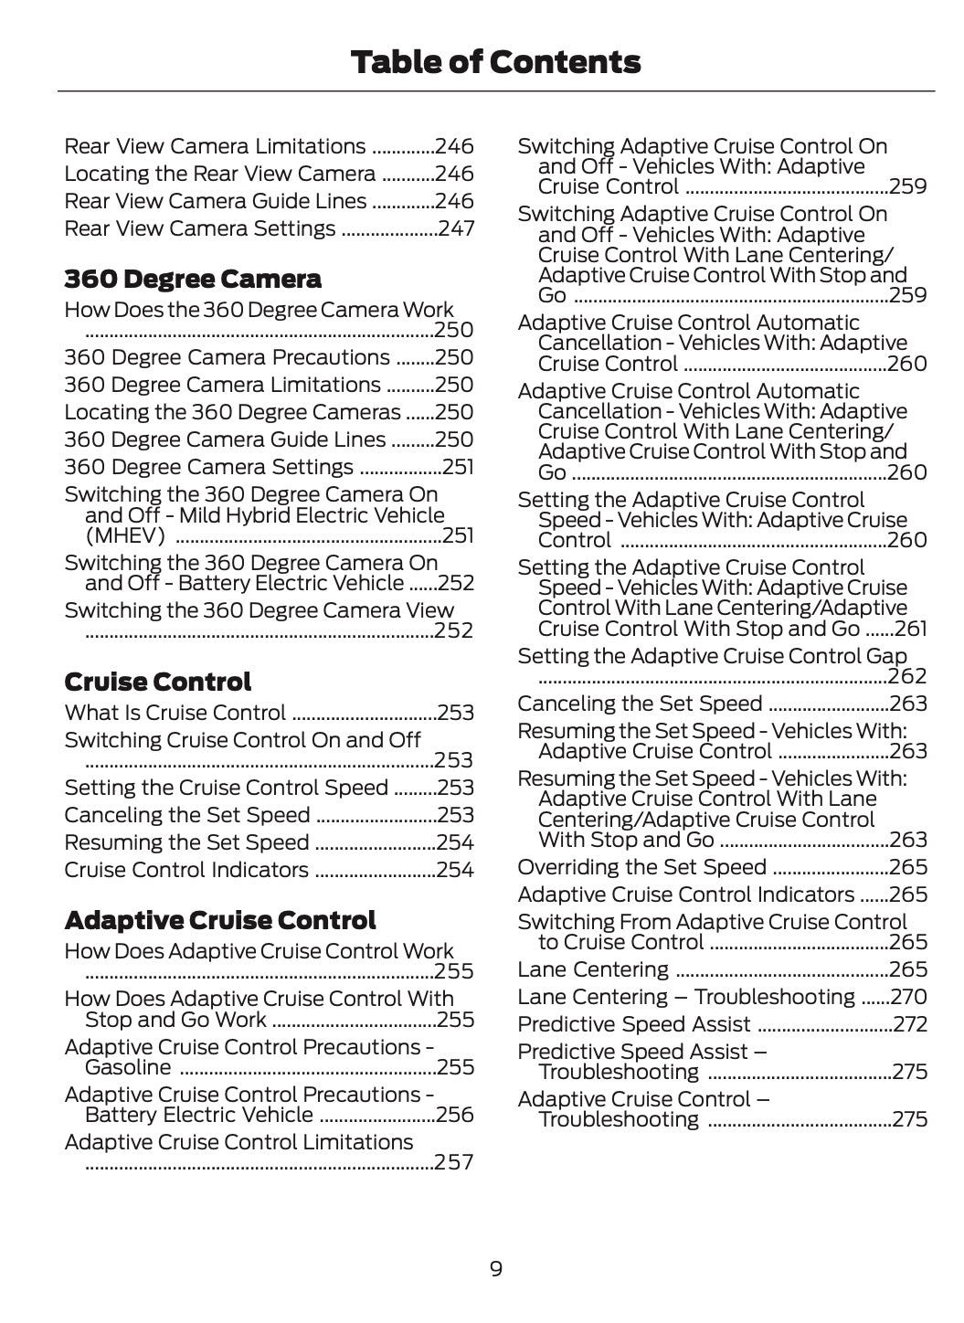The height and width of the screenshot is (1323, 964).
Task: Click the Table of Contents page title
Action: click(495, 62)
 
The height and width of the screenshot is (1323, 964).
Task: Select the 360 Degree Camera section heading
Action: click(193, 279)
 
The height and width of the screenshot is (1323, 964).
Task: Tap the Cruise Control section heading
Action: click(157, 682)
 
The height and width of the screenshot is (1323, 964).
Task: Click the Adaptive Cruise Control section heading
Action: click(220, 920)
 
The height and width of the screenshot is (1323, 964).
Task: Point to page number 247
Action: click(456, 228)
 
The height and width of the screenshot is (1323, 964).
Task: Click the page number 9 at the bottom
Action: click(495, 1268)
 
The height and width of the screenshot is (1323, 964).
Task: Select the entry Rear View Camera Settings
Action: click(200, 228)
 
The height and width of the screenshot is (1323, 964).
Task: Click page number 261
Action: click(910, 629)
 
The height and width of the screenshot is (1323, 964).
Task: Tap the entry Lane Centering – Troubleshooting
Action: click(685, 997)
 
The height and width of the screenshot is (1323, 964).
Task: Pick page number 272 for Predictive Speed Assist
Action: click(910, 1024)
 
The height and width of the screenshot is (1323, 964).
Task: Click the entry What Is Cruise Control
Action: click(175, 713)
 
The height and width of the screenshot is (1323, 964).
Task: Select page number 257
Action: click(454, 1162)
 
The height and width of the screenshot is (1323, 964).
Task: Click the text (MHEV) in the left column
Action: click(125, 535)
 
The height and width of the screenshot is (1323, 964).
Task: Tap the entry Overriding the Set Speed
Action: click(641, 867)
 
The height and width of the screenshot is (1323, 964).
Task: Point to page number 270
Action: click(910, 997)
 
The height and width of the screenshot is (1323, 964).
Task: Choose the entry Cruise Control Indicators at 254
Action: click(186, 870)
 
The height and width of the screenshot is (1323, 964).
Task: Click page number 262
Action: click(907, 676)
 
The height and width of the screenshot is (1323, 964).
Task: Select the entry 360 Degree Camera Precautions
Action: click(227, 357)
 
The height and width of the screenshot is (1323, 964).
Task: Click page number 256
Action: click(455, 1115)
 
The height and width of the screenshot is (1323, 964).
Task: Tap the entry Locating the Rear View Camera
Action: click(219, 174)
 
